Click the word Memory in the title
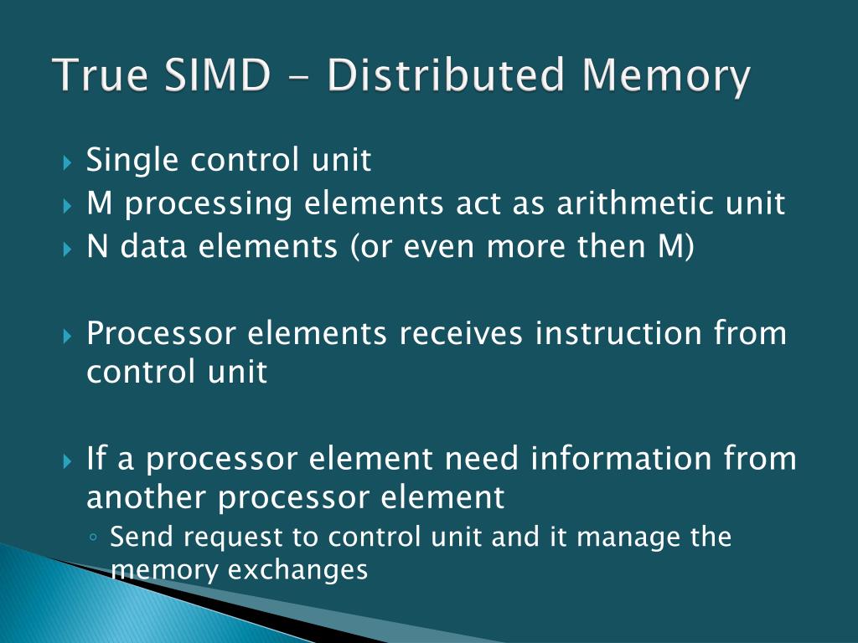pos(665,77)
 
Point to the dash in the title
pos(298,78)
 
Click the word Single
pos(132,160)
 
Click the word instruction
pos(619,333)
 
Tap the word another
pos(147,498)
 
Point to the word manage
pos(617,537)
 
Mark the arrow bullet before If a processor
pos(69,460)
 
